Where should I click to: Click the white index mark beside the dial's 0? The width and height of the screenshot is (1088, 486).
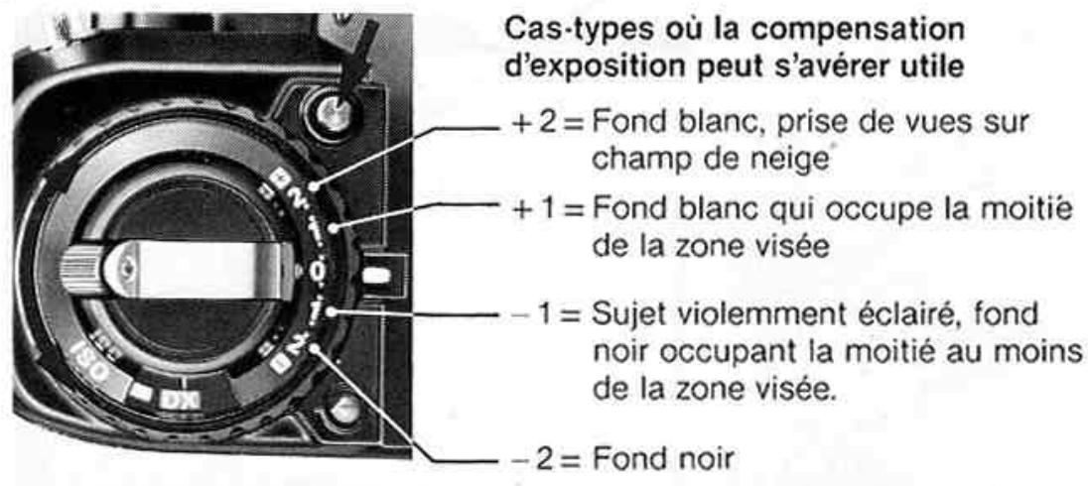coord(375,273)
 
